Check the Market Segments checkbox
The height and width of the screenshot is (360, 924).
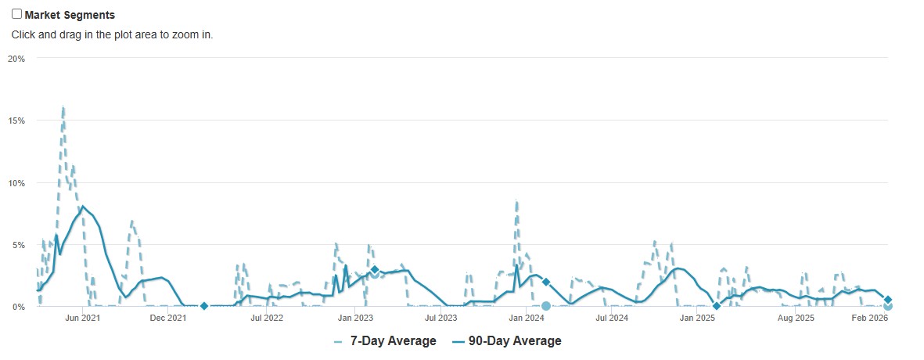point(16,14)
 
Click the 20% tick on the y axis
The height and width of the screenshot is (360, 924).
point(17,59)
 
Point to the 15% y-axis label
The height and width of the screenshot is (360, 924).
point(17,121)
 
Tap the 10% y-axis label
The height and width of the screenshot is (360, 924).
point(17,183)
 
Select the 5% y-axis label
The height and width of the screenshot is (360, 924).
point(19,245)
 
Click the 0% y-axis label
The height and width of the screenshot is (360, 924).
point(19,307)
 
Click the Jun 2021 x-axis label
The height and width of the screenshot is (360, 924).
point(82,318)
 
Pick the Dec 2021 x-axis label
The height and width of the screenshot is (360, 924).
point(168,318)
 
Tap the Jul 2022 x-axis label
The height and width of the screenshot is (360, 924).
point(267,318)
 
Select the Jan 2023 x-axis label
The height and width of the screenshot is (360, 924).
point(355,318)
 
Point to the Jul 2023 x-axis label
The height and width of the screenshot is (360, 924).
point(440,318)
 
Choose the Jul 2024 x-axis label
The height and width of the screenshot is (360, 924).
point(612,318)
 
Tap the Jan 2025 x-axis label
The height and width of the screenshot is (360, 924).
point(698,318)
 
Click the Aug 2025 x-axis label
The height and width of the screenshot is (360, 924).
point(796,318)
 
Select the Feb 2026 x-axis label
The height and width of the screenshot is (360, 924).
point(870,318)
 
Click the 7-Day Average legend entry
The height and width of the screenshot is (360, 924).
point(385,341)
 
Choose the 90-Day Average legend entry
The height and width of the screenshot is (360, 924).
point(506,341)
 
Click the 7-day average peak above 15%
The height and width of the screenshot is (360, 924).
point(63,107)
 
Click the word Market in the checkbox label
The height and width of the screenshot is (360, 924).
point(44,15)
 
